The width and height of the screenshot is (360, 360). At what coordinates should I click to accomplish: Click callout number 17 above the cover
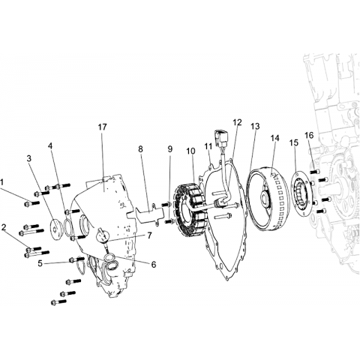(x=103, y=127)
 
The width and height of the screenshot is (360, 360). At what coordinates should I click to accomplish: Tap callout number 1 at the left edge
(x=1, y=182)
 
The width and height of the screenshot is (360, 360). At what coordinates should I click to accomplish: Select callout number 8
(x=140, y=149)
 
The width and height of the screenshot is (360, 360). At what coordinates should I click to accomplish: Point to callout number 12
(x=238, y=122)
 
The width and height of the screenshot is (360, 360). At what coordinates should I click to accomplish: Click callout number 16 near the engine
(x=309, y=135)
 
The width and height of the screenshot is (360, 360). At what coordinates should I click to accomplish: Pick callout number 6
(x=154, y=264)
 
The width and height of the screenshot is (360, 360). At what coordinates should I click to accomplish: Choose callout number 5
(x=40, y=263)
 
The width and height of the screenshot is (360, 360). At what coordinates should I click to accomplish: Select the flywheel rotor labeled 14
(x=268, y=198)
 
